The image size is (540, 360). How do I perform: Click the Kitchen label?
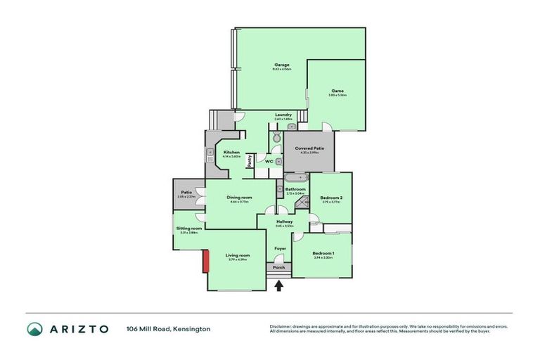coord(231,153)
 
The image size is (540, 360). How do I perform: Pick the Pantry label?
coord(250,161)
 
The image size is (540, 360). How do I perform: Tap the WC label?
coord(269,162)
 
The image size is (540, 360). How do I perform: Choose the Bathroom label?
coord(295,189)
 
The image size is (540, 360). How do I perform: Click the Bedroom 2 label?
coord(331,198)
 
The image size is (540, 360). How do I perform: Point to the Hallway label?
coord(284,222)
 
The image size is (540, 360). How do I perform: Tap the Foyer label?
coord(279,248)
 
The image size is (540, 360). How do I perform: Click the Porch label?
coord(279,268)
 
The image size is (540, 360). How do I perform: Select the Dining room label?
coord(239,198)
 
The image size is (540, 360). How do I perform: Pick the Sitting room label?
coord(189,229)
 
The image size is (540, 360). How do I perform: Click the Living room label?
coord(238,255)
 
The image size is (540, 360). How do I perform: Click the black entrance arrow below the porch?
coord(279,285)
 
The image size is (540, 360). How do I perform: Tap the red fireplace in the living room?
coord(205,262)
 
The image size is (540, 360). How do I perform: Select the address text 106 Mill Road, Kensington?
coord(168,328)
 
